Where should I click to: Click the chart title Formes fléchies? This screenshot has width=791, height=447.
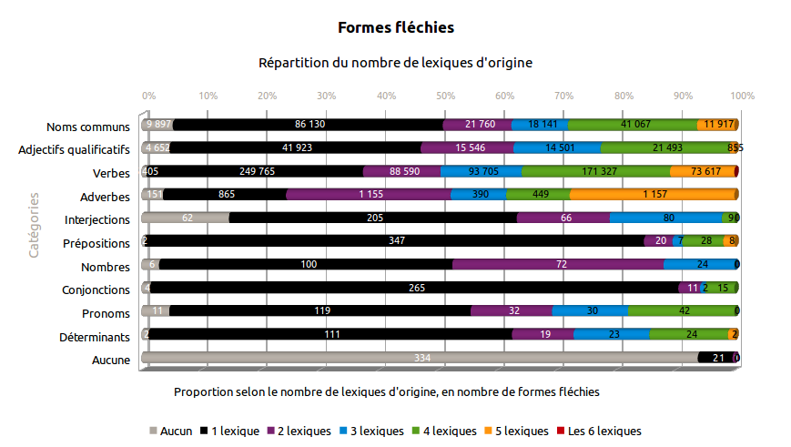point(395,28)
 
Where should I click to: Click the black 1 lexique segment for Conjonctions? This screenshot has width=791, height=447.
point(414,288)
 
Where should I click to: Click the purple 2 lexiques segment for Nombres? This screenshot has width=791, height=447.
point(557,265)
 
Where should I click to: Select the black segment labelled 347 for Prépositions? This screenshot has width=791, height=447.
point(395,241)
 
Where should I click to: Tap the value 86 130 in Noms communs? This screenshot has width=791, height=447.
point(309,124)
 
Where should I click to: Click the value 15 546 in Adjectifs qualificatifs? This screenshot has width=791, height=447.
point(467,147)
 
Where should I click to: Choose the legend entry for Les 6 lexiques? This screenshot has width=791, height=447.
point(598,432)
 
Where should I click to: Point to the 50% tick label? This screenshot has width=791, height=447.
point(445,96)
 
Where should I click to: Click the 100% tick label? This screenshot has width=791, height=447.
point(742,96)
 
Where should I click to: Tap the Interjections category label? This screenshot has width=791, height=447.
point(97,219)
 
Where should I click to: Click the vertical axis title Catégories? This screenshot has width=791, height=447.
point(34,224)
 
